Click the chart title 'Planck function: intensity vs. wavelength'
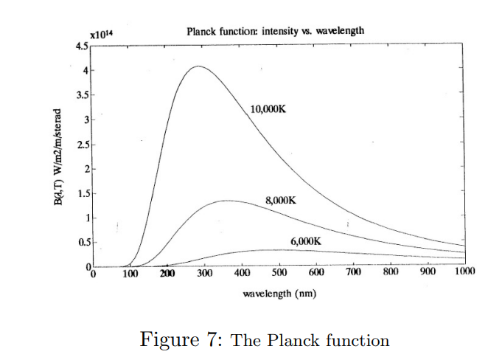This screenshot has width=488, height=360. point(275,30)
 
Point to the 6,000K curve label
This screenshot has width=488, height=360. point(307,240)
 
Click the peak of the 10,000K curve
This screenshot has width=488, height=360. point(199,66)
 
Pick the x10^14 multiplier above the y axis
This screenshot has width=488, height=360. point(100,35)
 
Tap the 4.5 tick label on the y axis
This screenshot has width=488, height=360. point(82,46)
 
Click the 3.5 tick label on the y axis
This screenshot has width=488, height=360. point(82,95)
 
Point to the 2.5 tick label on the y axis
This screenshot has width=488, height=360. point(82,145)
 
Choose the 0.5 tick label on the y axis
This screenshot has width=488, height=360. point(82,242)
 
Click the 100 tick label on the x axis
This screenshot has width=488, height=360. point(130,274)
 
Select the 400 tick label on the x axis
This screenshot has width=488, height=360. point(243,274)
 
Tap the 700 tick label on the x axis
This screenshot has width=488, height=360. point(354,274)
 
